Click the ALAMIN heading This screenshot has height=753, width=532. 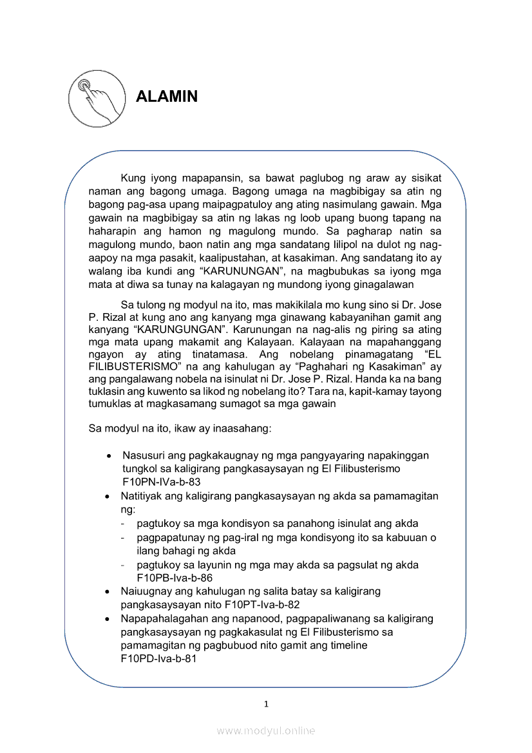tap(167, 97)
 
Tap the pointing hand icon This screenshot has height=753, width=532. tap(96, 97)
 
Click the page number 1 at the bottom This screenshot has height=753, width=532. tap(266, 704)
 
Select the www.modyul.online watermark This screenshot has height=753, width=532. tap(266, 730)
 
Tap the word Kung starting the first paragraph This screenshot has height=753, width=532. tap(133, 178)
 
